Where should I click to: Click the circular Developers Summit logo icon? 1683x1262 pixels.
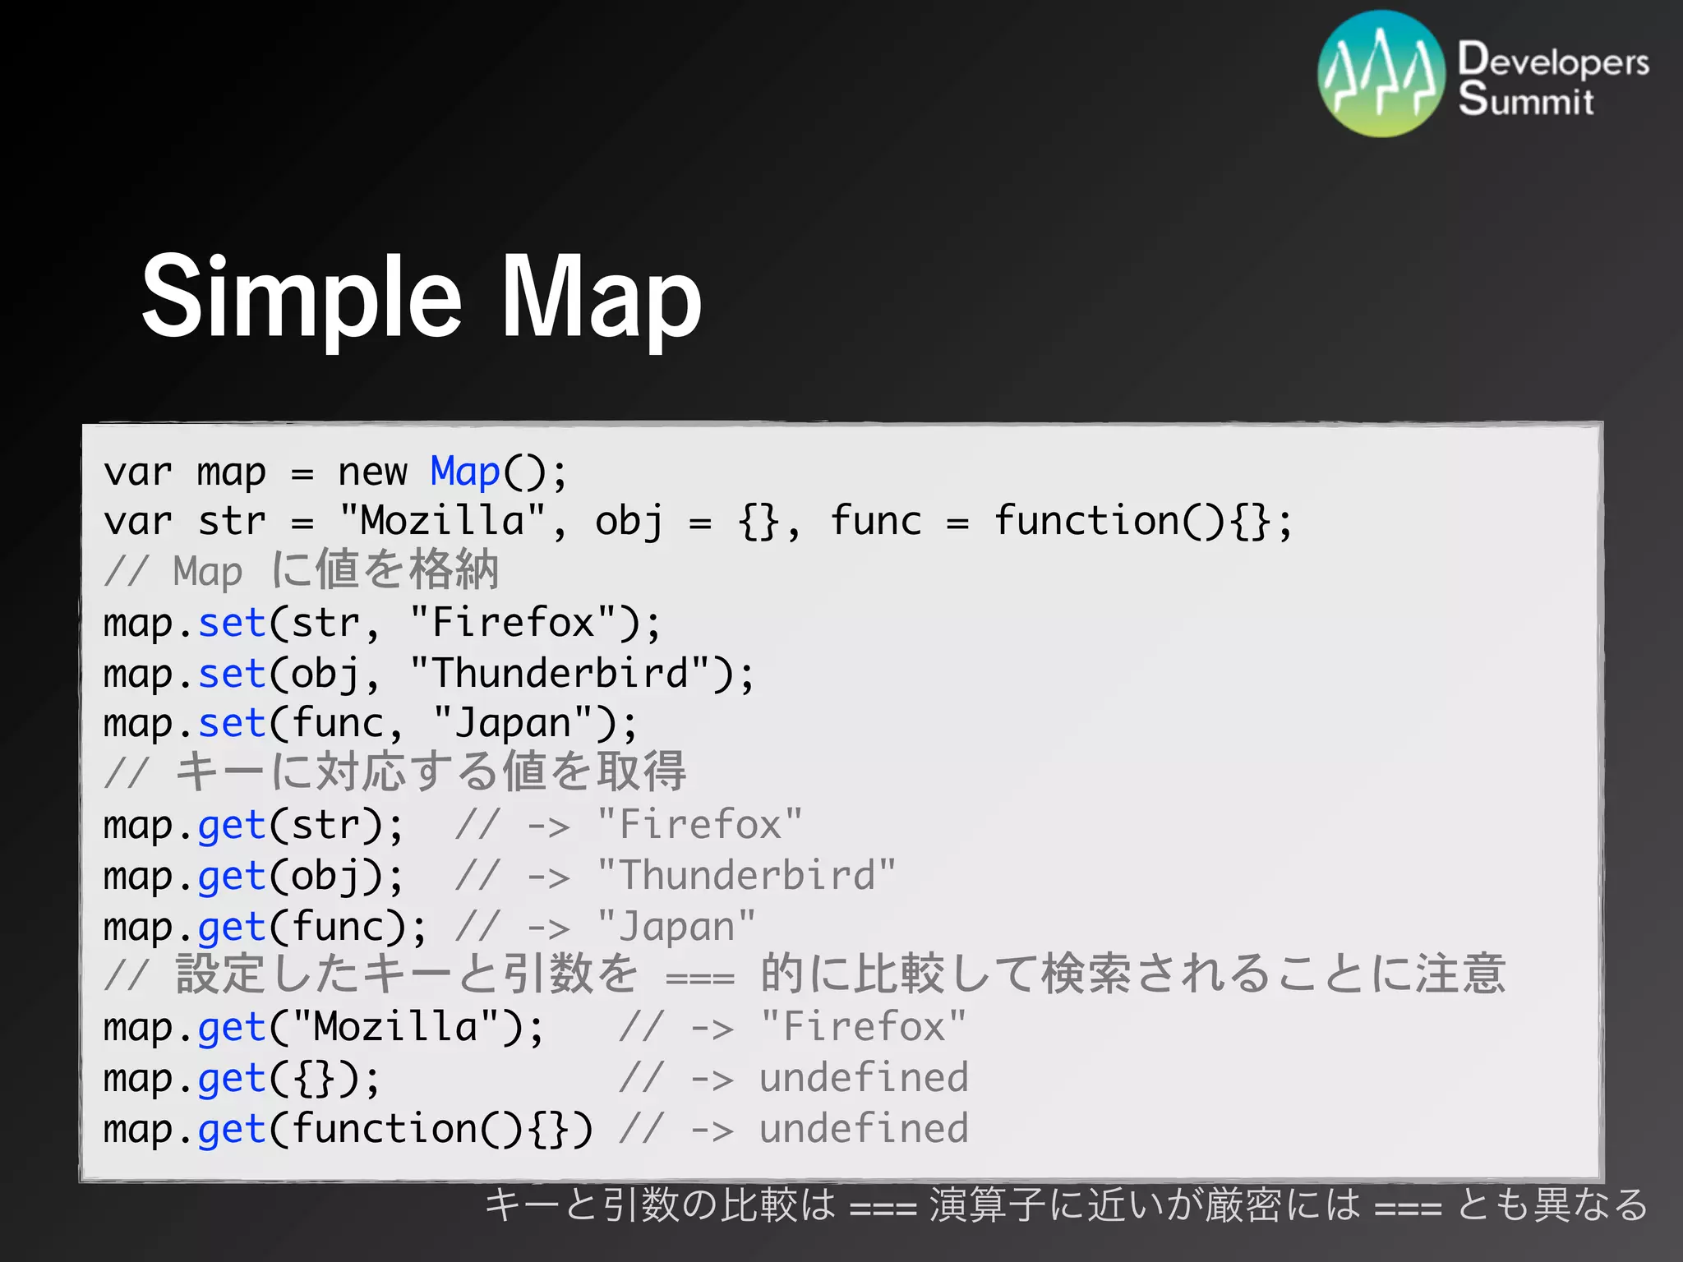(x=1381, y=74)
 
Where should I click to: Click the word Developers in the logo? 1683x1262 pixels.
(x=1552, y=62)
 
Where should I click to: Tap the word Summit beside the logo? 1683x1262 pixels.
(x=1525, y=100)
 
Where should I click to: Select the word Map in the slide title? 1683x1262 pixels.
(x=601, y=297)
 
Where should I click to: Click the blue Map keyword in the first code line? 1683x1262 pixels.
(x=465, y=472)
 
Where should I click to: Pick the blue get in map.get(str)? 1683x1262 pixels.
(x=232, y=826)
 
